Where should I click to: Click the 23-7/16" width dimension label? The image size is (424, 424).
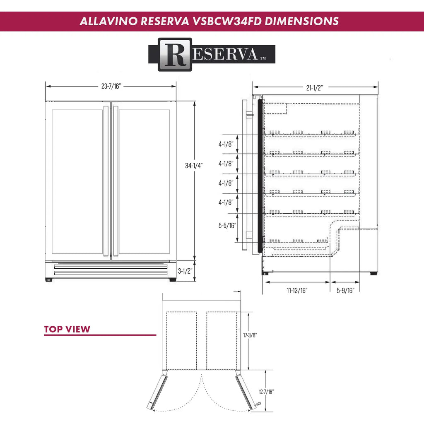pyautogui.click(x=111, y=87)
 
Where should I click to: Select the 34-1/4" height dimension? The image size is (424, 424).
pyautogui.click(x=194, y=166)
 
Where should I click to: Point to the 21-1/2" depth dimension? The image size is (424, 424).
pyautogui.click(x=315, y=87)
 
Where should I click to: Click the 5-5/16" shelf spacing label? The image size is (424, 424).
pyautogui.click(x=227, y=226)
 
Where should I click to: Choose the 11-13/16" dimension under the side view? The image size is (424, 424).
pyautogui.click(x=297, y=291)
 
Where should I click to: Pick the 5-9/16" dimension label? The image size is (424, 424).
pyautogui.click(x=345, y=291)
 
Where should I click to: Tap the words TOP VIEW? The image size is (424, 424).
pyautogui.click(x=67, y=330)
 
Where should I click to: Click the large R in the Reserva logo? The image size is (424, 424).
pyautogui.click(x=174, y=54)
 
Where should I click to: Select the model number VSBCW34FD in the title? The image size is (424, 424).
pyautogui.click(x=226, y=21)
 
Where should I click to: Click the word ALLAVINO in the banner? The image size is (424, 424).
pyautogui.click(x=108, y=21)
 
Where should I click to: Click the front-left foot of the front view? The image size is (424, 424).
pyautogui.click(x=49, y=279)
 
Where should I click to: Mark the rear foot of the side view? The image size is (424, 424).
pyautogui.click(x=373, y=273)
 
